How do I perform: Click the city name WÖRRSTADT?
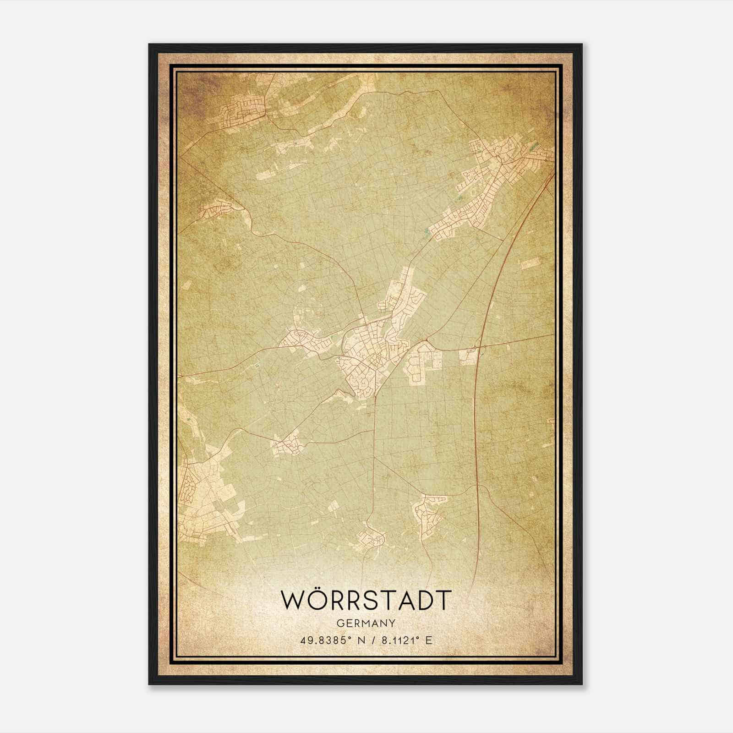[366, 600]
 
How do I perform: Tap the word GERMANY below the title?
[366, 624]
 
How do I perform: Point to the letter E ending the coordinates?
[429, 640]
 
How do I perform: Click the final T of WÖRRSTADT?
[443, 600]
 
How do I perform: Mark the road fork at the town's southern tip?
[375, 397]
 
